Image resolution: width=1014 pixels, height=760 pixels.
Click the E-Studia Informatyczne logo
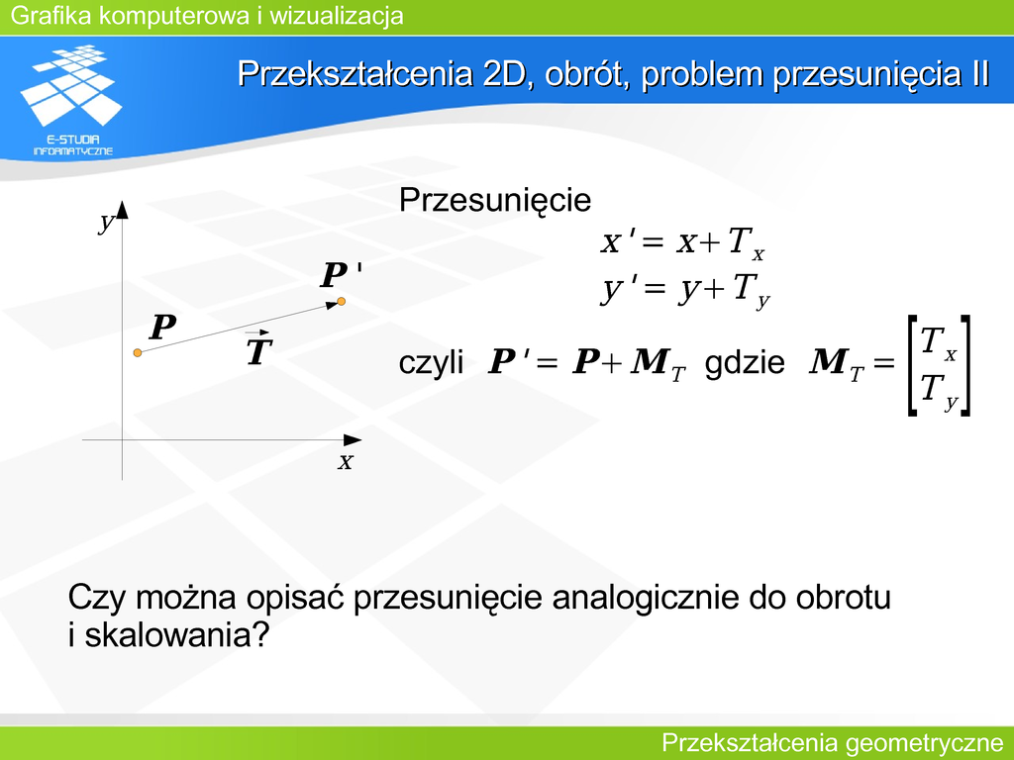pos(71,100)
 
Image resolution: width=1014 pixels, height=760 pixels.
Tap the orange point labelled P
pos(137,352)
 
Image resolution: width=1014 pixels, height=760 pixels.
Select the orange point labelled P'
pos(341,301)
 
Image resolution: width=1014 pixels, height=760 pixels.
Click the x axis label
pos(346,461)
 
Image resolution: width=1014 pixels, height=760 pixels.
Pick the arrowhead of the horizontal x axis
pos(352,440)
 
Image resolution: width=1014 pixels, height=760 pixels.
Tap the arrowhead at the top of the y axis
pos(122,210)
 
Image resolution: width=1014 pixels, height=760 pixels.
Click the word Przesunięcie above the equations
pos(495,200)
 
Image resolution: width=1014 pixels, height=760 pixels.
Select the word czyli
pos(431,363)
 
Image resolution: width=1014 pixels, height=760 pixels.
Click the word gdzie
pos(745,363)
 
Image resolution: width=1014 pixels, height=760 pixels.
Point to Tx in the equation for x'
pos(747,243)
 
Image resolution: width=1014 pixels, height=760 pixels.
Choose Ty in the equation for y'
pos(751,291)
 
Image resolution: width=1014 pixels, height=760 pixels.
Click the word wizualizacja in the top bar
pos(337,16)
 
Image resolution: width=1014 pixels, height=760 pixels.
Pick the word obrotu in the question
pos(843,597)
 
